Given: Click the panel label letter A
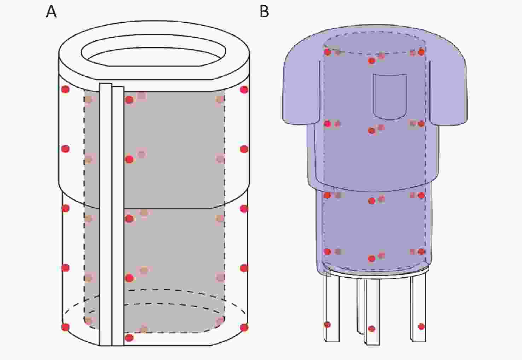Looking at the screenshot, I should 51,12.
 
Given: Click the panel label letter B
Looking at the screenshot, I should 264,12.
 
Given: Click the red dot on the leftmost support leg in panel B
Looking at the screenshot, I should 327,325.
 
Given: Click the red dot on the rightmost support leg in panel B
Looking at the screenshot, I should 421,326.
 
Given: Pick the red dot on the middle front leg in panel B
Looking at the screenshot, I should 371,329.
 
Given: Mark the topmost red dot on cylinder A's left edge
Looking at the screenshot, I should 65,89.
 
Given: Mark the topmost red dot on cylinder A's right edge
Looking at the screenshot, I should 244,89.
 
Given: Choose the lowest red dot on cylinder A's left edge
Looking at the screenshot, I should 65,327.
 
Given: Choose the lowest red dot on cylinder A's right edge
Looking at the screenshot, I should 244,327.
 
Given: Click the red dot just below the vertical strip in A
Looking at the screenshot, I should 129,338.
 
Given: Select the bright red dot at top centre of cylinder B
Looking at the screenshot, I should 372,61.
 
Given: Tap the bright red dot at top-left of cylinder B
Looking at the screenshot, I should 328,52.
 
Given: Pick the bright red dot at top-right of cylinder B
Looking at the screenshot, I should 421,52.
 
